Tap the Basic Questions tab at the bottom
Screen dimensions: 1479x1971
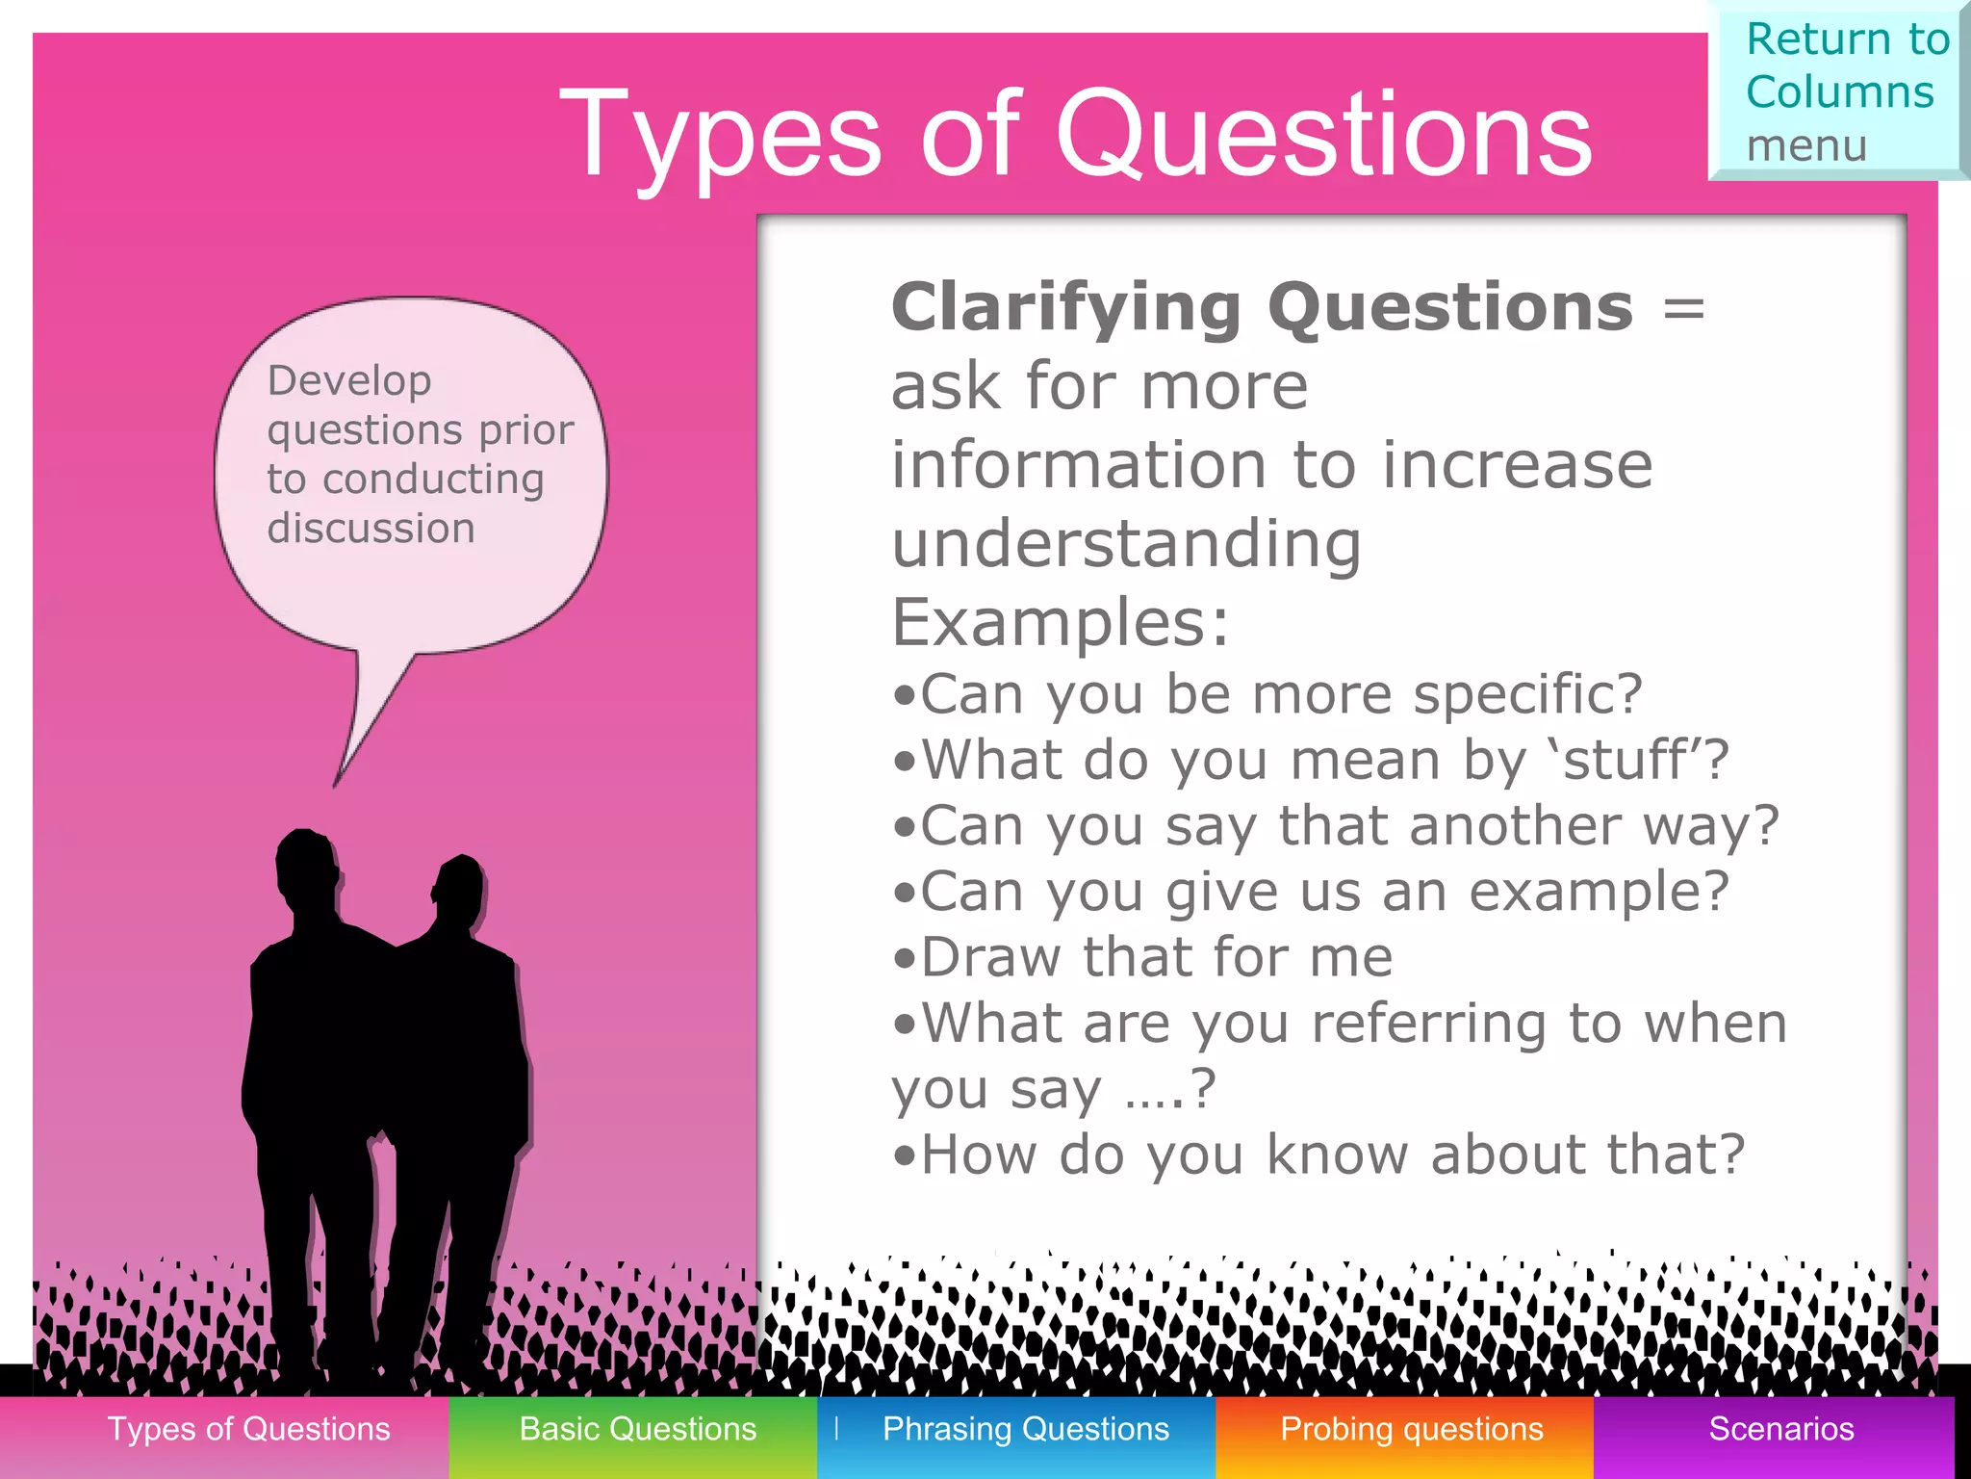pos(637,1429)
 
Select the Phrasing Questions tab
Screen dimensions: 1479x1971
pos(1025,1429)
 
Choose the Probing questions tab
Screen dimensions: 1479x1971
pos(1411,1429)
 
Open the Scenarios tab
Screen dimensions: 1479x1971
pos(1780,1429)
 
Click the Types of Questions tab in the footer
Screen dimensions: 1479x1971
pos(248,1429)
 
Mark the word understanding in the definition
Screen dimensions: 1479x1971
pos(1126,545)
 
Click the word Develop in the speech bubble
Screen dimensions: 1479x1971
pos(349,381)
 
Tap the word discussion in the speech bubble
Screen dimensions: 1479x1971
pos(371,529)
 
